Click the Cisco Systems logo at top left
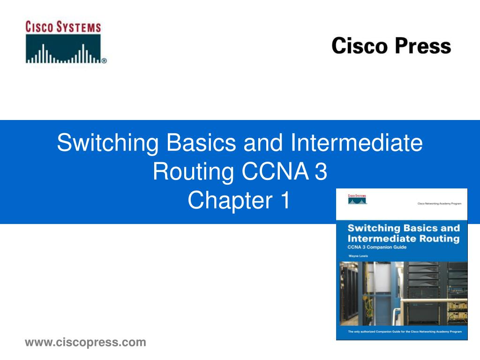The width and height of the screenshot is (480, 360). tap(66, 42)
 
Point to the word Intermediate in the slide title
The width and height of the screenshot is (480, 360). tap(356, 142)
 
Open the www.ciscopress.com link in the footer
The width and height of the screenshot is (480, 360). tap(85, 343)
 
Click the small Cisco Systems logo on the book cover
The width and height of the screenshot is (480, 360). tap(357, 199)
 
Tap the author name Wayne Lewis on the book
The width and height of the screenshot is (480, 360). tap(358, 256)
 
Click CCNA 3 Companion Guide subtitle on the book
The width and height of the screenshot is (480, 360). tap(376, 247)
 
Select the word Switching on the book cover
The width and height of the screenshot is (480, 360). tap(373, 228)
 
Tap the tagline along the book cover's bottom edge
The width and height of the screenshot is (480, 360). tap(402, 332)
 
